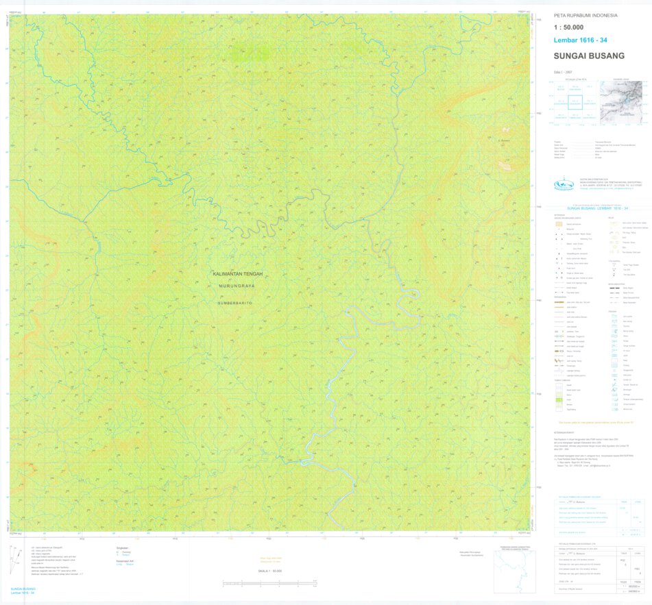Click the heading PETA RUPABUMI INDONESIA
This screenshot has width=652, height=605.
(585, 15)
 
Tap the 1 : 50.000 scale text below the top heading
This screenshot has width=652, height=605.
(568, 27)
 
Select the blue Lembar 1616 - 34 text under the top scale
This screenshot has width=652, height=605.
(580, 40)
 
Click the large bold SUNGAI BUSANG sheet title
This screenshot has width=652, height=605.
(589, 56)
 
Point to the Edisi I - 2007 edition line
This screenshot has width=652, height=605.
(563, 72)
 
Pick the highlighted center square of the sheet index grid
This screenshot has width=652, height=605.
(575, 102)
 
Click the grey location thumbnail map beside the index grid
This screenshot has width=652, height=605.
(621, 102)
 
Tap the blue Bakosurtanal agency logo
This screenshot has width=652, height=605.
(564, 184)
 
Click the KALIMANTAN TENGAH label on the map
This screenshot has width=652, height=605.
(238, 274)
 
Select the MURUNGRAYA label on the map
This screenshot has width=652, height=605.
(238, 288)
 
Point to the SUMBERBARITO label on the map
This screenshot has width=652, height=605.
(236, 302)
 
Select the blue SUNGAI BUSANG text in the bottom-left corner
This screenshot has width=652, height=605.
(24, 589)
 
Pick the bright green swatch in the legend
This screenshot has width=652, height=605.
(559, 399)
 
